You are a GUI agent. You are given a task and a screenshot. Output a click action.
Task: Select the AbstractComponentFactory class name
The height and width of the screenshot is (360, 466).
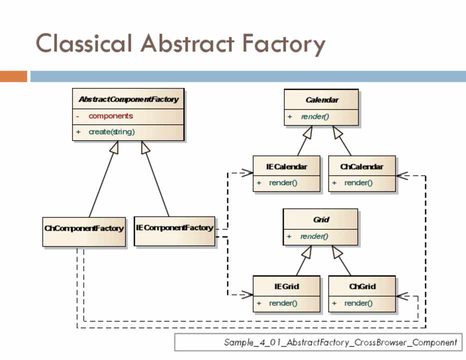128,99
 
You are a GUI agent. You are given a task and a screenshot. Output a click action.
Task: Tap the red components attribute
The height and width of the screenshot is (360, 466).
110,116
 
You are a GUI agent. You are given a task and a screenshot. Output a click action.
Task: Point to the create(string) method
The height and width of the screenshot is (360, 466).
111,132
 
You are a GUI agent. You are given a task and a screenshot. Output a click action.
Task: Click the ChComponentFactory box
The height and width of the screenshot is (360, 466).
83,229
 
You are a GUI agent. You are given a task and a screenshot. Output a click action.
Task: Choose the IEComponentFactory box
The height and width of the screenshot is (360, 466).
174,228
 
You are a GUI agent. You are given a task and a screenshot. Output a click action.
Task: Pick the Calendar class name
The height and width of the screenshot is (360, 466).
321,100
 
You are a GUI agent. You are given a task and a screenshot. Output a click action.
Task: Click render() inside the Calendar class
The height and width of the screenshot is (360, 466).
315,116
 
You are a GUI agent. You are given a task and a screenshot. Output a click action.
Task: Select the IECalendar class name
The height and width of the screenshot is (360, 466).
286,166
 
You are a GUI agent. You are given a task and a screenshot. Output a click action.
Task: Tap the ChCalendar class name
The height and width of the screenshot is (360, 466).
362,166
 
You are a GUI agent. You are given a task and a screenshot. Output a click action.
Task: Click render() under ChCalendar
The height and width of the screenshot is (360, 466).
358,183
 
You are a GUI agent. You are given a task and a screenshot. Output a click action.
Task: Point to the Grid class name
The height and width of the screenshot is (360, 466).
321,219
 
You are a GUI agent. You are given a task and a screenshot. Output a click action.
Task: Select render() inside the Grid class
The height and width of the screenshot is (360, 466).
314,236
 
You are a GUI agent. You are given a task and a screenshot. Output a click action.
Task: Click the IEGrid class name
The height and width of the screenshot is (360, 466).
286,287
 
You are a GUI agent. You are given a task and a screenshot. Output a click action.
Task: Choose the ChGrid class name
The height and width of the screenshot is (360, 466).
362,287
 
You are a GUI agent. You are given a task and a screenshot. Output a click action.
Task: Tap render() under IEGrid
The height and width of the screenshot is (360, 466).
283,303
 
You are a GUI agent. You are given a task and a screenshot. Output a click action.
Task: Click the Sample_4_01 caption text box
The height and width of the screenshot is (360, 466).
318,342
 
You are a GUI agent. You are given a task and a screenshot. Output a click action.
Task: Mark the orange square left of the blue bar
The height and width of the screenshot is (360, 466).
13,76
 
